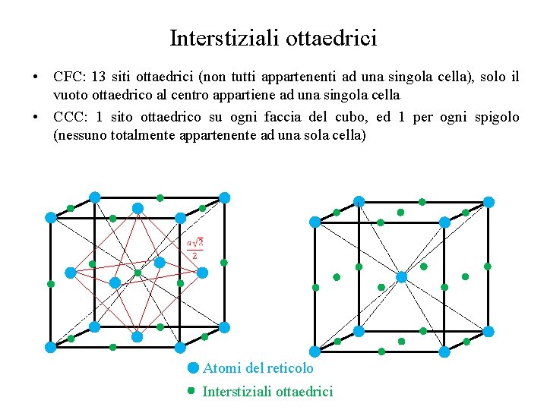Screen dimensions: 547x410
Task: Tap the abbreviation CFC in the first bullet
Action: (x=68, y=77)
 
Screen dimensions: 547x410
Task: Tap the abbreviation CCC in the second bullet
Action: (x=69, y=117)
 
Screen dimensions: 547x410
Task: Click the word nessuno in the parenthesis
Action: (x=83, y=136)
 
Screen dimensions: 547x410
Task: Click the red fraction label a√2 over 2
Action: (x=195, y=248)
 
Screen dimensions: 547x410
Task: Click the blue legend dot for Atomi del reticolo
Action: (x=193, y=368)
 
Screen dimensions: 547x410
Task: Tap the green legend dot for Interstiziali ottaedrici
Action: (x=192, y=391)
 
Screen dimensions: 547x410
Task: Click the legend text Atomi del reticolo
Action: (x=258, y=368)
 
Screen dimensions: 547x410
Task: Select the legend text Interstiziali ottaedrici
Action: (x=267, y=392)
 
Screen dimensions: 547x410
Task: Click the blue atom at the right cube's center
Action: (x=402, y=277)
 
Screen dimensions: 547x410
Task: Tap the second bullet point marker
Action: (x=36, y=118)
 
